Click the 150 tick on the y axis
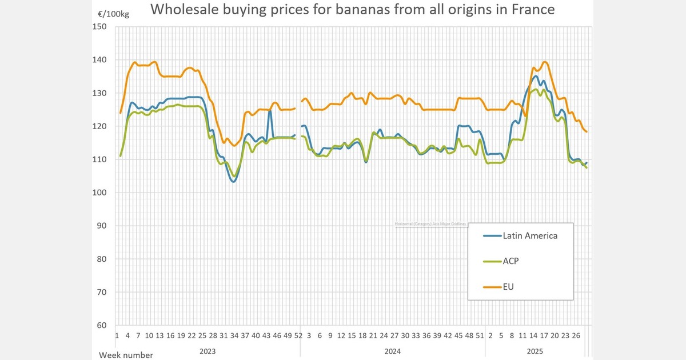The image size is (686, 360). point(100,26)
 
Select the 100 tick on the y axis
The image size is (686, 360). point(100,193)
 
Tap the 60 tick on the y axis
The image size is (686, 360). point(102,325)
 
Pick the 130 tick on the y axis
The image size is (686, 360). point(100,93)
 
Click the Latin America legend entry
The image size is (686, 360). point(530,235)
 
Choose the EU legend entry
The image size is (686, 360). point(508,287)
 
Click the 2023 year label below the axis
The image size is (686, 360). point(208,350)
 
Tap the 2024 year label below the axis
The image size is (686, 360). point(393,350)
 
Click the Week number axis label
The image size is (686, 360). point(126,355)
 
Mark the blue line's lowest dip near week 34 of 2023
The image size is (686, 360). point(233,182)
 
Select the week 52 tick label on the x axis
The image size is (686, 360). point(298,335)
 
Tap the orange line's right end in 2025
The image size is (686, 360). point(587,132)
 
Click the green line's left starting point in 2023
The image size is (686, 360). point(120,156)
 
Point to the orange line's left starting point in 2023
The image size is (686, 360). point(120,113)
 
